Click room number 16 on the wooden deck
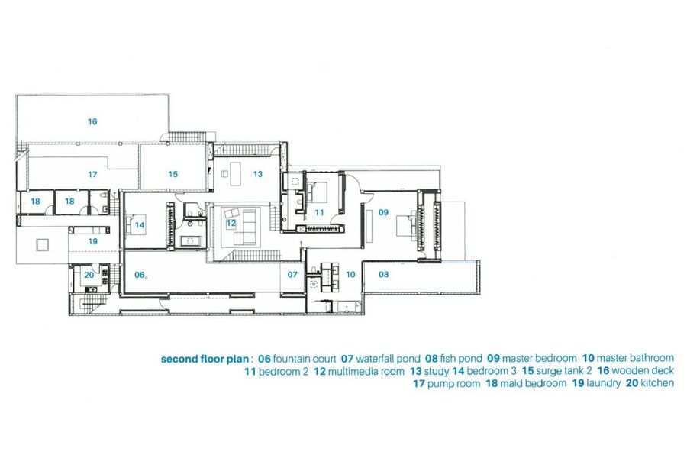coord(92,121)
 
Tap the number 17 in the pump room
coord(92,175)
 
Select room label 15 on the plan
coord(173,175)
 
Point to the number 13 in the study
coord(258,174)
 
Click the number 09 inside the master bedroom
coord(383,212)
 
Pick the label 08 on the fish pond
coord(383,274)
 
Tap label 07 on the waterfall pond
coord(292,275)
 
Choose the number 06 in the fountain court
coord(140,275)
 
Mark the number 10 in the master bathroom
coord(350,275)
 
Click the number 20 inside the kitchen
coord(89,276)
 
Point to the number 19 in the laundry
coord(92,241)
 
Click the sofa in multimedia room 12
coord(245,227)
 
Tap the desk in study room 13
coord(236,173)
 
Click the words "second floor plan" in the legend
coord(205,359)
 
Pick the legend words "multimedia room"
coord(366,372)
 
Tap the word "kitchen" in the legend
coord(657,383)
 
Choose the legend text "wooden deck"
coord(643,371)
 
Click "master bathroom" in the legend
coord(635,358)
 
